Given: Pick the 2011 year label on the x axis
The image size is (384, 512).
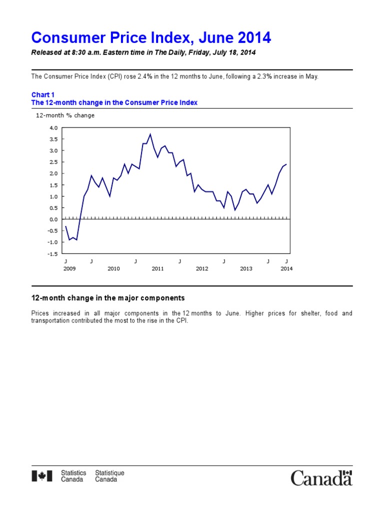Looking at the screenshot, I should coord(157,268).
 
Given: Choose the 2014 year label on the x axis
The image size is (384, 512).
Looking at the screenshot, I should coord(286,268).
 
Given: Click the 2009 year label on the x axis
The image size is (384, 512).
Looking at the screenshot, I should coord(69,268).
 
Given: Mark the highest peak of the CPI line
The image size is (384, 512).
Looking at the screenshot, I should coord(150,134).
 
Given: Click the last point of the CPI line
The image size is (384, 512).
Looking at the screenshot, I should coord(286,164).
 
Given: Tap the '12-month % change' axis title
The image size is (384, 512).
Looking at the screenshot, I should coord(65,115).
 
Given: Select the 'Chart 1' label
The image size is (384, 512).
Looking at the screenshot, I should coord(43,94).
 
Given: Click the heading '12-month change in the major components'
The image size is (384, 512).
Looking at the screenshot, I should coord(108,298).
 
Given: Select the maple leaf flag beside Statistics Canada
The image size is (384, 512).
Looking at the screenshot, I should coord(42,476).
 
